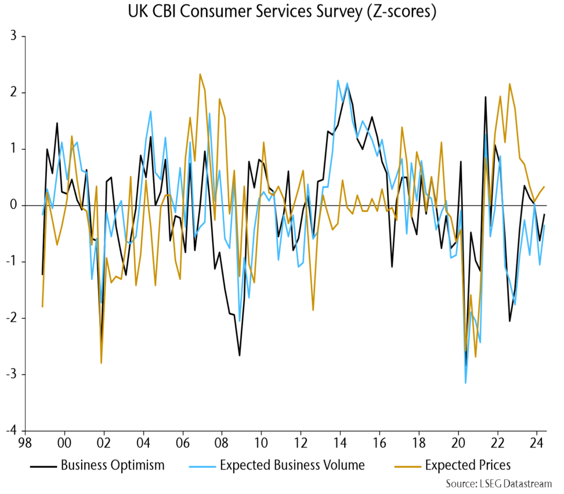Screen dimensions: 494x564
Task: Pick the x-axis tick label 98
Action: click(x=25, y=444)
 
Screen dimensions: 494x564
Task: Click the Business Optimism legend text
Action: click(x=112, y=465)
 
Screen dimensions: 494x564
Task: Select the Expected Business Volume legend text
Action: click(x=292, y=465)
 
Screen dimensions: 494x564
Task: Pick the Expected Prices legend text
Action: click(x=468, y=465)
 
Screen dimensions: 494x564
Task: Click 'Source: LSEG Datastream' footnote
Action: click(x=499, y=484)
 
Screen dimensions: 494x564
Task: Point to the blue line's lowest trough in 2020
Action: click(x=465, y=383)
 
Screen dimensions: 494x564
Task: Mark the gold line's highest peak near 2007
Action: click(x=200, y=74)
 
